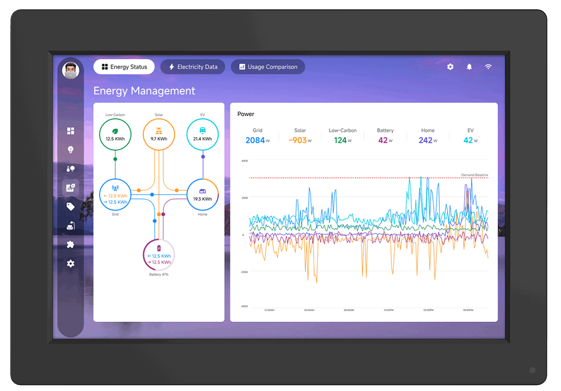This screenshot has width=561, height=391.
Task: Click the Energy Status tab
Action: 124,67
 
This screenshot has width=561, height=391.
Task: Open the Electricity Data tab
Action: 193,67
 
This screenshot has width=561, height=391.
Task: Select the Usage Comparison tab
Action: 268,67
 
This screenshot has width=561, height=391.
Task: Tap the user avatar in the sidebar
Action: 71,71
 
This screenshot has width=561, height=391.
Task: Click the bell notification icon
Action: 469,67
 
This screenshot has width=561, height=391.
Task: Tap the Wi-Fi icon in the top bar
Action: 488,67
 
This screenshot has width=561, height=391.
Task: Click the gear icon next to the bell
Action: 450,67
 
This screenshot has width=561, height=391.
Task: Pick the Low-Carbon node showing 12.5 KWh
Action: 115,135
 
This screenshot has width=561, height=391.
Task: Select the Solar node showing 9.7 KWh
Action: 159,135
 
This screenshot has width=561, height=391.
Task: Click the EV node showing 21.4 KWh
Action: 202,135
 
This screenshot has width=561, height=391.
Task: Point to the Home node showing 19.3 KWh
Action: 202,195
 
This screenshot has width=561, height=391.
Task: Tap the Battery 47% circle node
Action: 159,255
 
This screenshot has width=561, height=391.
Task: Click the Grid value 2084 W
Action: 255,140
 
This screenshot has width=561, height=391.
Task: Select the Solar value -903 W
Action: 298,140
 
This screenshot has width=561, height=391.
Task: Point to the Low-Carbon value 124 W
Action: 340,140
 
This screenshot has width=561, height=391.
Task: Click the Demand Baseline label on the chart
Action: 475,175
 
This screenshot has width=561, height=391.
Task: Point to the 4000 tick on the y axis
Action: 244,161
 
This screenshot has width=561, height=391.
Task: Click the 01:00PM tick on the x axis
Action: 388,310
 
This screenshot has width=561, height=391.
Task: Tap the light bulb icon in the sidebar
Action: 71,150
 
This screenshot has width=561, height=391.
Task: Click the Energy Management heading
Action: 144,91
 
